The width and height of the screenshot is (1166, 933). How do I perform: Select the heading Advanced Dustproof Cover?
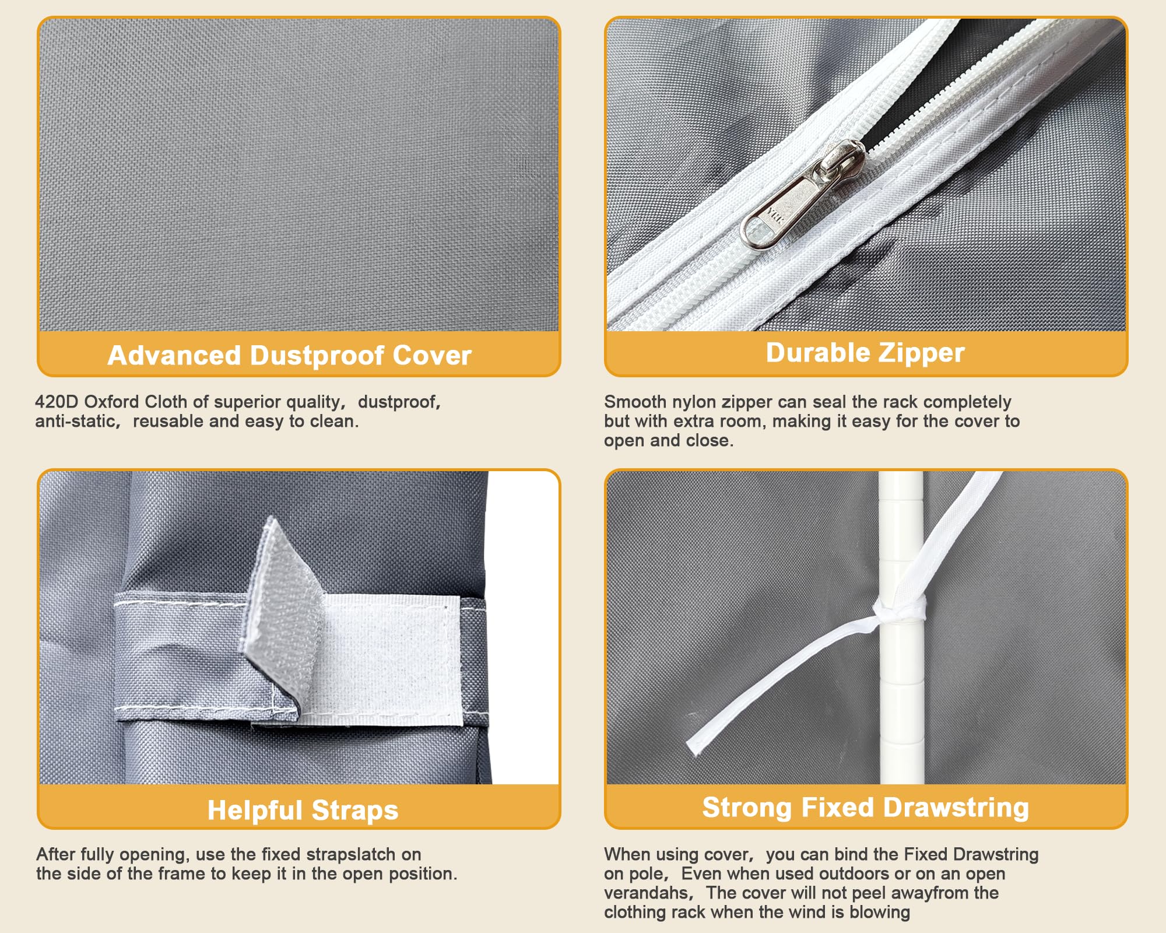(x=290, y=355)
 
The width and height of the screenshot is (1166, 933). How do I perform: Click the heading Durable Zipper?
(x=865, y=353)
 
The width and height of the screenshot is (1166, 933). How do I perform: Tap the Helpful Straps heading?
(x=303, y=810)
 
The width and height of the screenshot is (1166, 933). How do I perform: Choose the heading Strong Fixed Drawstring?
(x=866, y=808)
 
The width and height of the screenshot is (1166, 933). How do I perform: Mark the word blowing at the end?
(x=880, y=913)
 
